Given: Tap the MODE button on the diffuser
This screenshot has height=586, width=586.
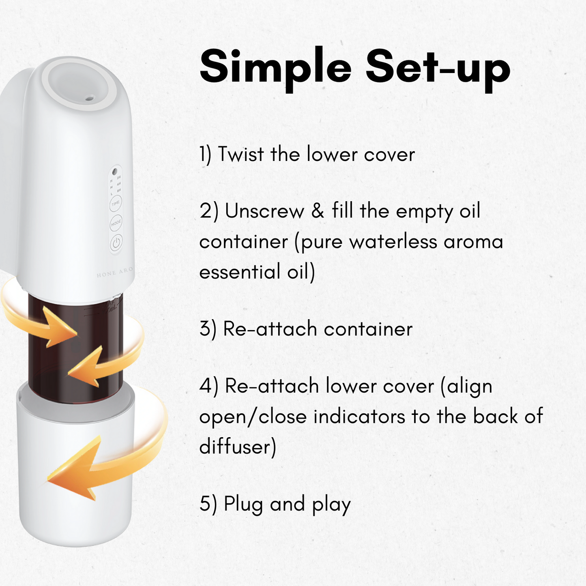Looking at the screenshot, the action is pos(116,223).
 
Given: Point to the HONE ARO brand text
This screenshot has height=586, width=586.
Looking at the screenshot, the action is pos(115,272).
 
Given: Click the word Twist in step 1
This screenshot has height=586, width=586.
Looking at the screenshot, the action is pos(241,154).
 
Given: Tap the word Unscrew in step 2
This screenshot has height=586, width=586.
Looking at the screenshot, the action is pos(264,211).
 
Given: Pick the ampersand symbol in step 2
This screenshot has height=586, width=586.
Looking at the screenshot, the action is pos(318,211).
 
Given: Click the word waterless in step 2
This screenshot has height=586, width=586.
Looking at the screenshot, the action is pos(393,241).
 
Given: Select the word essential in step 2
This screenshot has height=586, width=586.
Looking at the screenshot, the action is pos(240,271).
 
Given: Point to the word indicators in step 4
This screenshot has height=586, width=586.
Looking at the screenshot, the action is pos(359,416).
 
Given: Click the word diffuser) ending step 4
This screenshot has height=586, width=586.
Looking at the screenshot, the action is pos(238,446).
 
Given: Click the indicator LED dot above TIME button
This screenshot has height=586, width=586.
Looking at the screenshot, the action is pos(115,172).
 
